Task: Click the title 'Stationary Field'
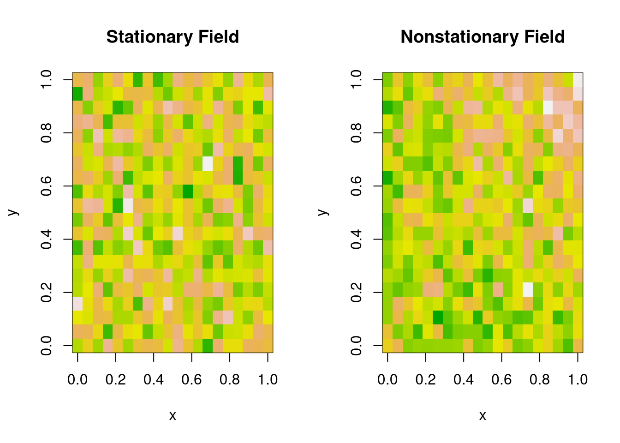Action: pyautogui.click(x=173, y=37)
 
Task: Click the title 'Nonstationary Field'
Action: pyautogui.click(x=483, y=37)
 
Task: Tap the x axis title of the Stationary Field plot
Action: pyautogui.click(x=173, y=416)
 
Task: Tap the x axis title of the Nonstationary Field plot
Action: pyautogui.click(x=483, y=416)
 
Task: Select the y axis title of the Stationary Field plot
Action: pyautogui.click(x=13, y=212)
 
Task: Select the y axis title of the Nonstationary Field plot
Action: pyautogui.click(x=323, y=212)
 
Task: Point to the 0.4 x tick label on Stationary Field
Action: pyautogui.click(x=154, y=380)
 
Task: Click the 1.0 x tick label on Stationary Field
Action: pyautogui.click(x=268, y=380)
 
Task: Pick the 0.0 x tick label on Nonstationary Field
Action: pyautogui.click(x=387, y=380)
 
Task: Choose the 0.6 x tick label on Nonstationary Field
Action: pyautogui.click(x=501, y=380)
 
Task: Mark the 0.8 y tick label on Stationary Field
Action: pyautogui.click(x=47, y=133)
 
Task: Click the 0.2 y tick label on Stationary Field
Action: pyautogui.click(x=47, y=292)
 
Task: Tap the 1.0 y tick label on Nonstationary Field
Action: pyautogui.click(x=357, y=80)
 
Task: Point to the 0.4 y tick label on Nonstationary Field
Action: pyautogui.click(x=357, y=239)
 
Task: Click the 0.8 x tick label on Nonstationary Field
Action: pyautogui.click(x=540, y=380)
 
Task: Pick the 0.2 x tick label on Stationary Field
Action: pyautogui.click(x=115, y=380)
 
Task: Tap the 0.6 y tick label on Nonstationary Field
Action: pyautogui.click(x=357, y=186)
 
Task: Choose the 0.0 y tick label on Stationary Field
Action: pyautogui.click(x=47, y=345)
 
